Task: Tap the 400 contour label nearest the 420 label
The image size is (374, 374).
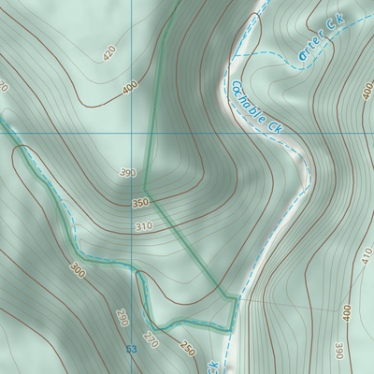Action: pos(129,90)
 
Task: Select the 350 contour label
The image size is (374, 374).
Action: pos(140,203)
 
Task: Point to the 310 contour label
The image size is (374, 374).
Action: pos(143,227)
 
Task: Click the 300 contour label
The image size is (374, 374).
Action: pos(77,270)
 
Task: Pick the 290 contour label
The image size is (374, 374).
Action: pos(122,317)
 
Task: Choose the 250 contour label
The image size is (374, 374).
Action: pos(187,350)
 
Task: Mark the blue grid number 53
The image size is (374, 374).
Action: pos(131,349)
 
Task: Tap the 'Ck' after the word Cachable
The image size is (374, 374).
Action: pos(275,125)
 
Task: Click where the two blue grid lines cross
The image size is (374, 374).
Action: pos(132,134)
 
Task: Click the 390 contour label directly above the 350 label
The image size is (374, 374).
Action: pos(128,173)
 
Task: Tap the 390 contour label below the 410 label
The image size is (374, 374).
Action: pos(339,349)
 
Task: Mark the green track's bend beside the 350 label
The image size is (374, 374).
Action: pos(146,196)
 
